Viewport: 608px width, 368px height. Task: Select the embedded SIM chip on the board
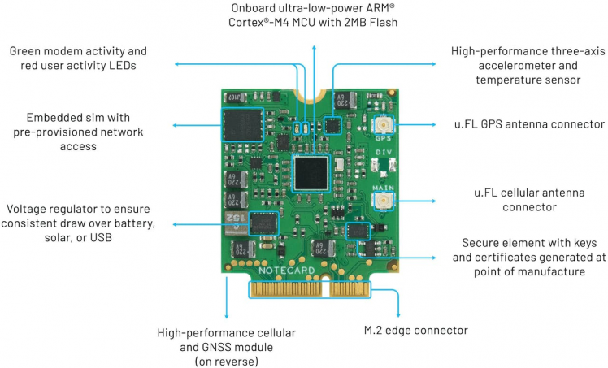tap(242, 128)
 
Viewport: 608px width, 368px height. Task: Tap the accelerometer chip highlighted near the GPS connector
tap(333, 125)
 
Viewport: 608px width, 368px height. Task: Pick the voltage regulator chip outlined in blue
tap(262, 222)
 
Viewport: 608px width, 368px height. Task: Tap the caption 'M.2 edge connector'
tap(415, 331)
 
